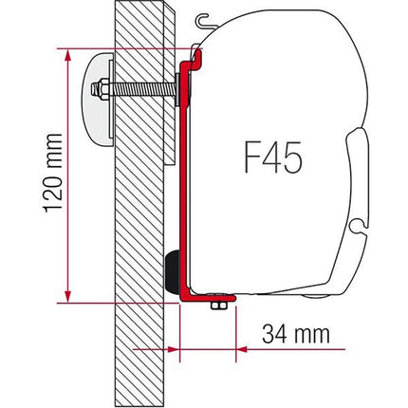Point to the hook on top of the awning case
click(199, 19)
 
